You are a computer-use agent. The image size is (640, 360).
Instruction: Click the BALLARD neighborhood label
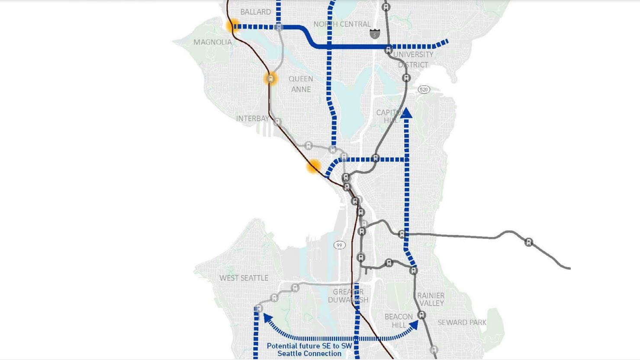(255, 12)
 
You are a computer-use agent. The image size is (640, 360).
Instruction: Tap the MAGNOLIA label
(212, 42)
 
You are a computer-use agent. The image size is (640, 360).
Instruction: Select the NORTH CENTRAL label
(342, 24)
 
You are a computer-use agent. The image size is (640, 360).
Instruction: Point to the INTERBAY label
(252, 119)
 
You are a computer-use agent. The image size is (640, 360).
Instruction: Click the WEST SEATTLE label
(244, 278)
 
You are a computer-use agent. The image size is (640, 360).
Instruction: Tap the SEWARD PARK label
(462, 322)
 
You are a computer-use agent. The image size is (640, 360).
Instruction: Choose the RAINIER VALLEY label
(431, 299)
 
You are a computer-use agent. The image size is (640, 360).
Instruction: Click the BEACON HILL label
(399, 321)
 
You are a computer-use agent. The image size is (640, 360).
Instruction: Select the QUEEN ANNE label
(301, 84)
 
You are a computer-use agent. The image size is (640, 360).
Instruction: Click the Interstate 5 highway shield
(375, 33)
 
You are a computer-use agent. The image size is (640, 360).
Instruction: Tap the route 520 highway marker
(424, 90)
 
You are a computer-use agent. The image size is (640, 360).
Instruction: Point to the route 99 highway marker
(339, 245)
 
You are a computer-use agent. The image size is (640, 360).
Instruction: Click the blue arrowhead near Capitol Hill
(406, 113)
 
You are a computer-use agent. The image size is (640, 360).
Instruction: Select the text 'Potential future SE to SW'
(309, 346)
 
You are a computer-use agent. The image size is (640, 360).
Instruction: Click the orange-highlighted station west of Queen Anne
(270, 79)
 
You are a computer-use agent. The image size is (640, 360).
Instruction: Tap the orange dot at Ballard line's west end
(232, 26)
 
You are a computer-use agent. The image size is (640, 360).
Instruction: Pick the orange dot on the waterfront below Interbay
(314, 166)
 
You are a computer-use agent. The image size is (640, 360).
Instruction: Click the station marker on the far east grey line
(528, 242)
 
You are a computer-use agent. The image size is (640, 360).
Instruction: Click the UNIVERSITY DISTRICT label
(413, 59)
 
